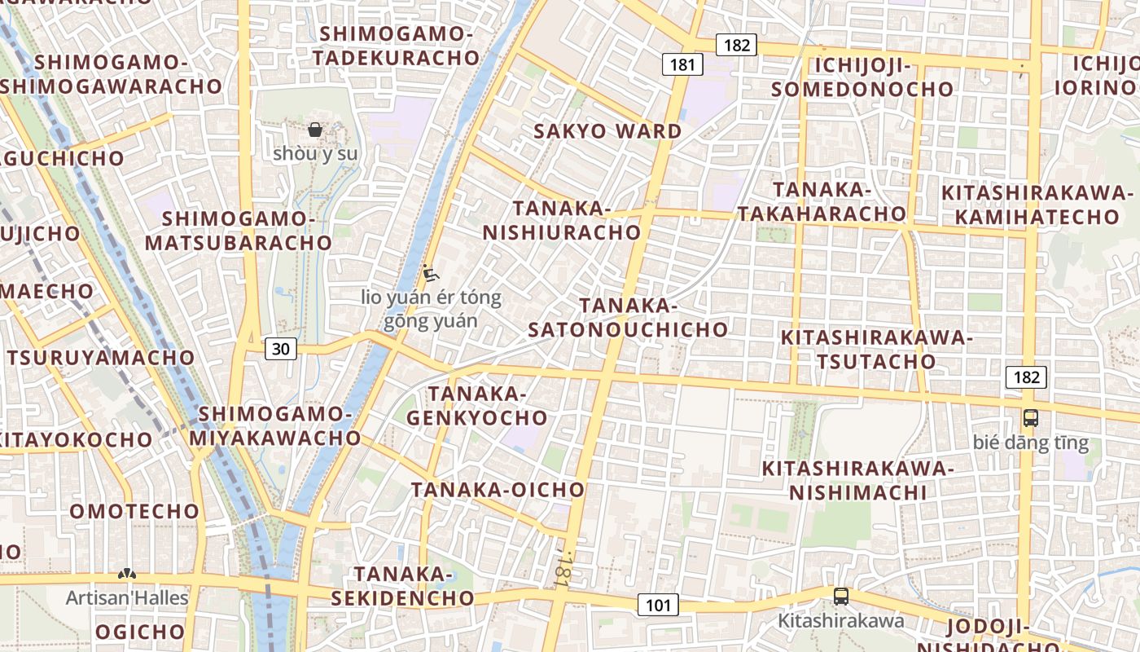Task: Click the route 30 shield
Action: click(280, 349)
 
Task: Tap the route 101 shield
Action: click(657, 605)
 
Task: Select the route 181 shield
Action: click(682, 64)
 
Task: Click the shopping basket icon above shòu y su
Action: click(315, 130)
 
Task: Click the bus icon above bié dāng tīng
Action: click(1030, 418)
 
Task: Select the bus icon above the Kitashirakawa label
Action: click(840, 597)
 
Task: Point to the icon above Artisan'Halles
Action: click(126, 574)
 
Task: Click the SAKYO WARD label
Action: click(607, 131)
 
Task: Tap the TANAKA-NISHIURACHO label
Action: click(562, 221)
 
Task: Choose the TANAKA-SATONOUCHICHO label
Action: click(628, 318)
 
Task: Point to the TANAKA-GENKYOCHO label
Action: click(477, 406)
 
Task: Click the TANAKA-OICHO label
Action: click(498, 490)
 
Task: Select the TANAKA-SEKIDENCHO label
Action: click(402, 586)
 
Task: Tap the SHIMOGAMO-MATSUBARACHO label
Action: click(239, 231)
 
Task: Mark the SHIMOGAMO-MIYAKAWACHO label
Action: click(275, 426)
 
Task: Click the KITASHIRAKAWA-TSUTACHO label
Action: click(876, 349)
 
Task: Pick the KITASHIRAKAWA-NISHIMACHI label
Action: click(857, 481)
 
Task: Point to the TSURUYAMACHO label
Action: click(101, 358)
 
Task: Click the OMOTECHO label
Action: click(134, 512)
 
